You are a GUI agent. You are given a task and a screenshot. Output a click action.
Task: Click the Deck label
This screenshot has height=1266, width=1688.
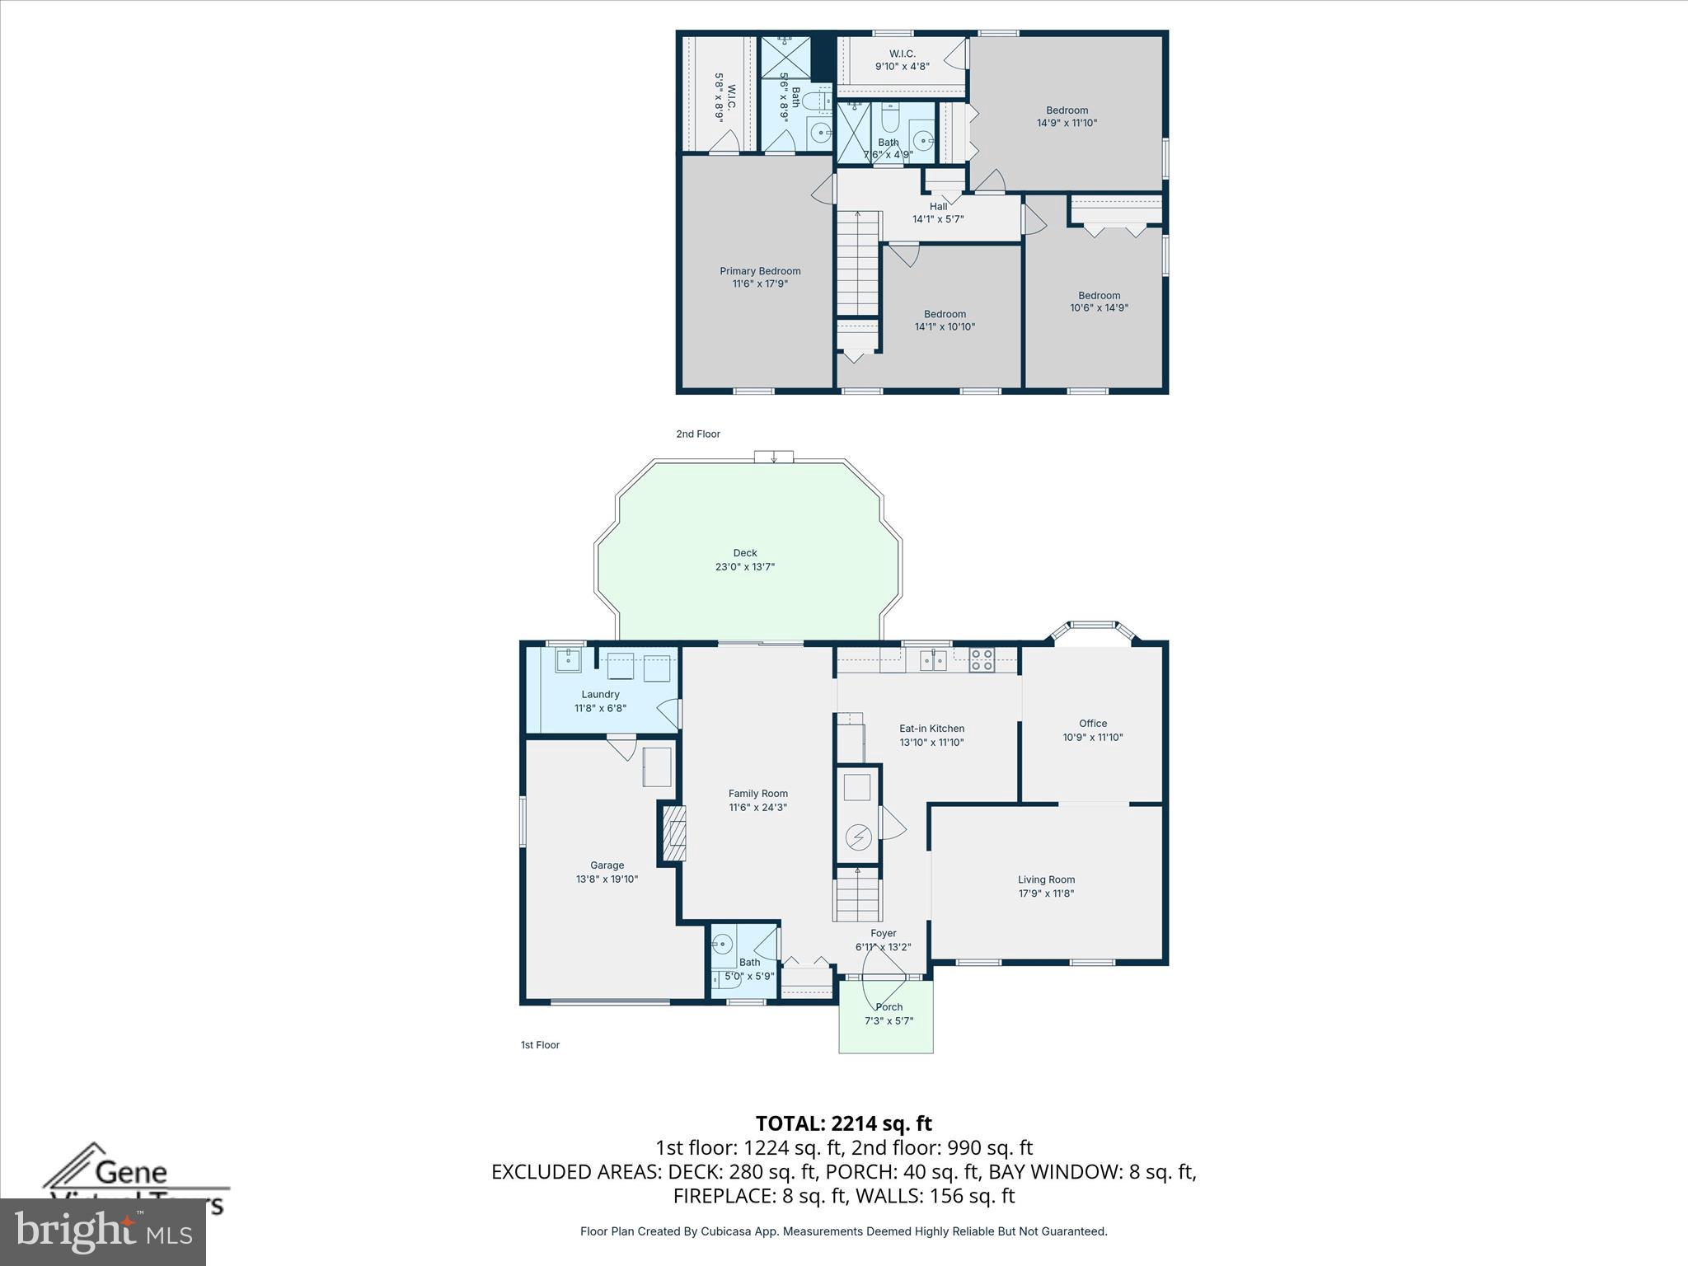744,553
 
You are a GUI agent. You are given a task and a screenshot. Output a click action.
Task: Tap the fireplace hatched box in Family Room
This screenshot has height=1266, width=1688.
675,833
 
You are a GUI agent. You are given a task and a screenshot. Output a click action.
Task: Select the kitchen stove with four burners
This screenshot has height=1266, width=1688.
981,659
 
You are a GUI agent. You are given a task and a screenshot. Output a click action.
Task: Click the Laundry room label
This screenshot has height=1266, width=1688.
600,695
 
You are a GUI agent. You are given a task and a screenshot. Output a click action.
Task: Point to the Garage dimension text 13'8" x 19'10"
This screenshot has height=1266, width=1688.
607,879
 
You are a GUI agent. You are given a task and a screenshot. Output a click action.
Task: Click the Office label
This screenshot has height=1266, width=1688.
1093,724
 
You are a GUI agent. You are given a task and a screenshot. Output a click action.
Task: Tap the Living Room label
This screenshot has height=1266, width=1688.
1046,879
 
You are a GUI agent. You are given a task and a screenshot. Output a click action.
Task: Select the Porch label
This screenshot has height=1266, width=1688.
889,1007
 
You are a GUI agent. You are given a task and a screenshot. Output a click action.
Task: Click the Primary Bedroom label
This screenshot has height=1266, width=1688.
760,271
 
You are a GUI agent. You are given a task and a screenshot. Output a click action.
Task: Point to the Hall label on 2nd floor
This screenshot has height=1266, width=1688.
938,207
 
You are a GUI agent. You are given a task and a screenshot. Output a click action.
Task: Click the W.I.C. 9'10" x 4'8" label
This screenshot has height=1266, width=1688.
902,60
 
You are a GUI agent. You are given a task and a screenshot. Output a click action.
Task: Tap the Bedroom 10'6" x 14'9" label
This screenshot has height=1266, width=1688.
1099,302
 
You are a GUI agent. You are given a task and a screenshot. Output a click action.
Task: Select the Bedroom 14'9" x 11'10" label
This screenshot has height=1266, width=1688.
1067,116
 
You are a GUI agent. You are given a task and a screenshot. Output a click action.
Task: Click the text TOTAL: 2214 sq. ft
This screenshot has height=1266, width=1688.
843,1123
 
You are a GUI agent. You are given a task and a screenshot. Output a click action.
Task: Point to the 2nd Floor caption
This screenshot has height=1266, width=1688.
698,434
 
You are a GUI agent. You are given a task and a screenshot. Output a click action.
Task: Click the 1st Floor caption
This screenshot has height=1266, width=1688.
540,1045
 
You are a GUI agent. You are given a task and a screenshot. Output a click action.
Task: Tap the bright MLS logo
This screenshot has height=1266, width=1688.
103,1231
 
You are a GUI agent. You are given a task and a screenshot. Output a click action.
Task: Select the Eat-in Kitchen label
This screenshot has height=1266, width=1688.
931,729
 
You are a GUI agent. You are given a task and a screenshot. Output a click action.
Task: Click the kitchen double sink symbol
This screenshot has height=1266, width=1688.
933,659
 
